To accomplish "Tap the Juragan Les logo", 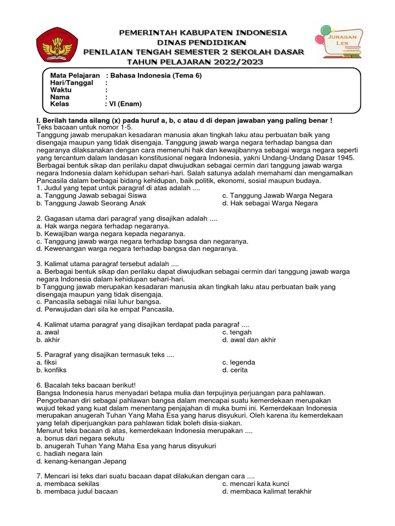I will point(340,41).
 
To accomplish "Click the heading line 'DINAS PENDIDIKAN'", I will point(194,42).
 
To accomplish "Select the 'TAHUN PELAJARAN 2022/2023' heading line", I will point(194,62).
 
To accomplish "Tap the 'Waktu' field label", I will point(61,90).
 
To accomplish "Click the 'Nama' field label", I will point(60,97).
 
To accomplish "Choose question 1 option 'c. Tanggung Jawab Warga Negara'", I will point(277,196).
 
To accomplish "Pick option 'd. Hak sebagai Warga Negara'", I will point(270,203).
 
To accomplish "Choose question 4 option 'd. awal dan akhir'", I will point(249,340).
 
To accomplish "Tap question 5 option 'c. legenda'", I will point(239,363).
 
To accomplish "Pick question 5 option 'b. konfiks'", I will point(51,370).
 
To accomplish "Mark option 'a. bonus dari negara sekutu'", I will point(80,439).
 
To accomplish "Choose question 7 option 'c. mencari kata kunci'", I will point(256,484).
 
